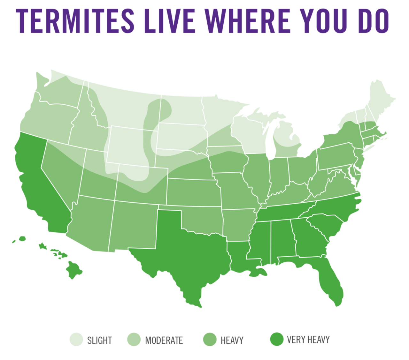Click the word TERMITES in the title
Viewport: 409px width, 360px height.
coord(75,21)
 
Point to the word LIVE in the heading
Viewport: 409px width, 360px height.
coord(169,21)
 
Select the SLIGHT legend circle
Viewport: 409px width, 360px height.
coord(76,339)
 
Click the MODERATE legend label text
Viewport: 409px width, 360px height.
coord(164,340)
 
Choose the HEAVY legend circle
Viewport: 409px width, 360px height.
coord(210,339)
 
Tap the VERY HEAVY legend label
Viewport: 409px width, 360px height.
coord(308,340)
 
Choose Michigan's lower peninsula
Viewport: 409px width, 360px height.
coord(288,140)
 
